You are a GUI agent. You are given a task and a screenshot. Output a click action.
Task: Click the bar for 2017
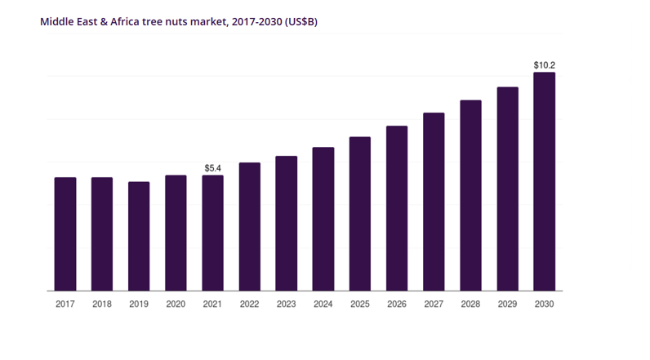click(x=65, y=233)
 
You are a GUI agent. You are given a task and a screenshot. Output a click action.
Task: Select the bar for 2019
click(x=139, y=236)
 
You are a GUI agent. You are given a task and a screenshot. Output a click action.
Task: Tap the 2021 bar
click(x=212, y=233)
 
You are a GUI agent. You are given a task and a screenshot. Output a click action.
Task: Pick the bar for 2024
click(x=323, y=219)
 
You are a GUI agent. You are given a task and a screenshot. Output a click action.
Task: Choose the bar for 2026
click(x=397, y=208)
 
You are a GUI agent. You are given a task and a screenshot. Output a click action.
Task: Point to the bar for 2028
click(x=470, y=195)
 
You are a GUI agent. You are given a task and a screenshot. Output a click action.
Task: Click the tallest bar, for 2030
click(x=544, y=181)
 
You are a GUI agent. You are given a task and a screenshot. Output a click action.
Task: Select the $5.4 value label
click(x=212, y=168)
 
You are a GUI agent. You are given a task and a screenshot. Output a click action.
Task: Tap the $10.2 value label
click(x=544, y=65)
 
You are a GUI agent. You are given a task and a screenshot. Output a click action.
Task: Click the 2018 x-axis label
click(x=102, y=304)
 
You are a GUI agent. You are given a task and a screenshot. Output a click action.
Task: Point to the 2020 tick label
click(x=176, y=304)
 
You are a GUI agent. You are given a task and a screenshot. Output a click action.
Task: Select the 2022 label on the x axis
click(x=249, y=304)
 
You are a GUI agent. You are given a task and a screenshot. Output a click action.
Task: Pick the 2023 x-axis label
click(x=286, y=304)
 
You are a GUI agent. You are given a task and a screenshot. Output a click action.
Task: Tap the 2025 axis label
click(x=360, y=304)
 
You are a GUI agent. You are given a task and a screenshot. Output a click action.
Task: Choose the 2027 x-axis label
click(x=434, y=304)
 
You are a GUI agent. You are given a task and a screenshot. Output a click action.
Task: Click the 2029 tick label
click(x=507, y=304)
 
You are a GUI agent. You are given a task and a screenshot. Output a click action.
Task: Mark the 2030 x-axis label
click(x=544, y=304)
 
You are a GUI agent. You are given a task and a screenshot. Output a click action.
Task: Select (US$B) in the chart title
click(x=301, y=21)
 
